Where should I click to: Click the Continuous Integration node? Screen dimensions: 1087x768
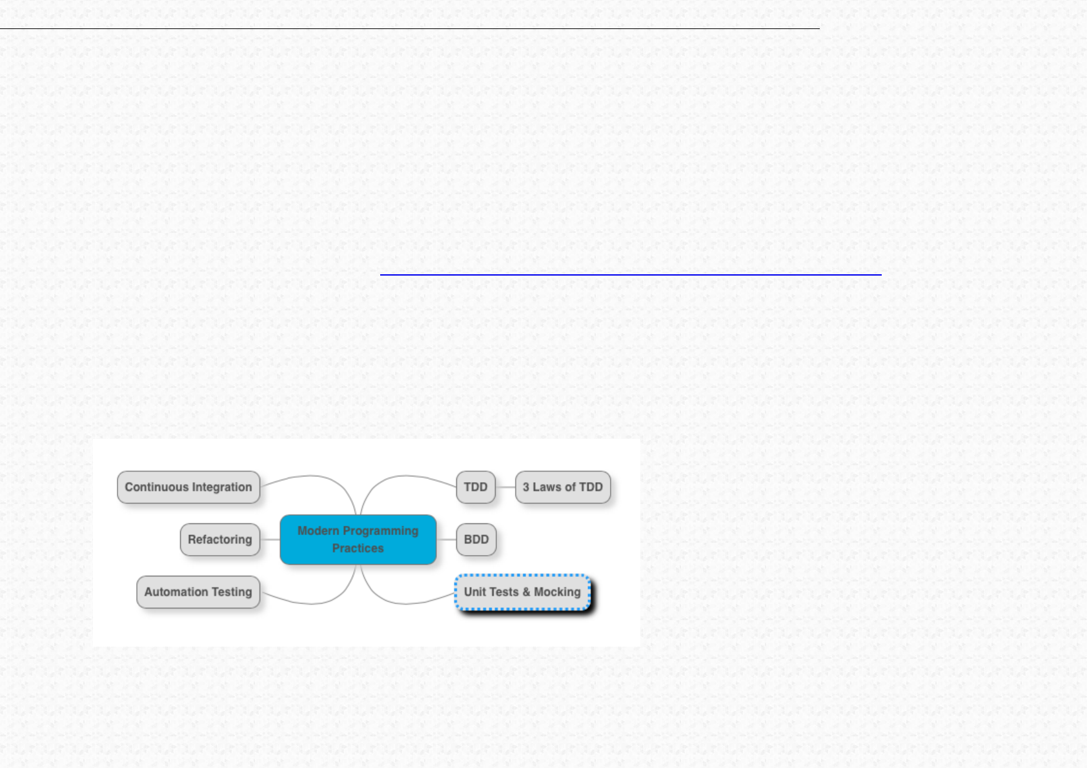pyautogui.click(x=188, y=487)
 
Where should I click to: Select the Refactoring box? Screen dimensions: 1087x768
pyautogui.click(x=219, y=540)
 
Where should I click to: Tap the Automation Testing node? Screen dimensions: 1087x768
pyautogui.click(x=198, y=592)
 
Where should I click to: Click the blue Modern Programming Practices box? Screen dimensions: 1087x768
pyautogui.click(x=358, y=540)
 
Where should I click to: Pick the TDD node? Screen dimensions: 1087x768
pyautogui.click(x=476, y=487)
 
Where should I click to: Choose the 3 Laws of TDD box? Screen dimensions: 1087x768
pyautogui.click(x=563, y=487)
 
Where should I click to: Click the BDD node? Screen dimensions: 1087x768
pyautogui.click(x=476, y=540)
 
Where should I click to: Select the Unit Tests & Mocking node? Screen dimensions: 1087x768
pyautogui.click(x=522, y=592)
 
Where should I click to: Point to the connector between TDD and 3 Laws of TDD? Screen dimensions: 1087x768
pyautogui.click(x=505, y=487)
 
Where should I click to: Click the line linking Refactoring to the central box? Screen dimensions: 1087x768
pyautogui.click(x=270, y=540)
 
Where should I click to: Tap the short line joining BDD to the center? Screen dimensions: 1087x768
pyautogui.click(x=446, y=540)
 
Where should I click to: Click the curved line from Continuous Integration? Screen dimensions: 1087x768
pyautogui.click(x=310, y=476)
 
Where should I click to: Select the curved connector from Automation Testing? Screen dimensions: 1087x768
pyautogui.click(x=310, y=603)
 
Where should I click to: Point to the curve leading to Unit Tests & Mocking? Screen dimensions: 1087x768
pyautogui.click(x=407, y=603)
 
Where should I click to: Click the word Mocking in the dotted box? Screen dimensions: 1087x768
pyautogui.click(x=557, y=592)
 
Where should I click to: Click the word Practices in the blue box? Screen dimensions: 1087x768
pyautogui.click(x=358, y=549)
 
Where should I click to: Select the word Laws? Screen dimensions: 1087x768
pyautogui.click(x=547, y=487)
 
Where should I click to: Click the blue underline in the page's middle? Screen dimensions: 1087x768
pyautogui.click(x=631, y=275)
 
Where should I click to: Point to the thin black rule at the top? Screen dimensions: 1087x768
pyautogui.click(x=409, y=28)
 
